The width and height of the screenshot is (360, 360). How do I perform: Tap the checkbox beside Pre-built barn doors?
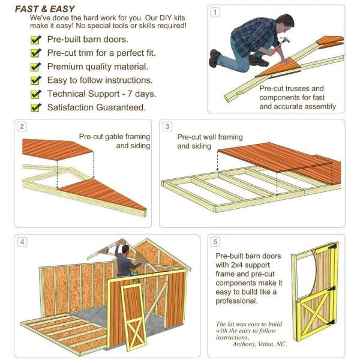pyautogui.click(x=35, y=40)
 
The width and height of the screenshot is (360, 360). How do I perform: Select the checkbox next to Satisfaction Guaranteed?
pyautogui.click(x=35, y=108)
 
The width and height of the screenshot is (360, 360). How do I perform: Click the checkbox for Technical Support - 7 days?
pyautogui.click(x=35, y=94)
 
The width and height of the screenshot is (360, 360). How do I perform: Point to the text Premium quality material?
pyautogui.click(x=97, y=67)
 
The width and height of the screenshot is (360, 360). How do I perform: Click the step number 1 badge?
pyautogui.click(x=215, y=12)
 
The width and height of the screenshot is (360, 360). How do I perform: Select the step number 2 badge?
pyautogui.click(x=22, y=127)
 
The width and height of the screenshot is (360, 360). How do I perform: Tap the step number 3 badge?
pyautogui.click(x=167, y=127)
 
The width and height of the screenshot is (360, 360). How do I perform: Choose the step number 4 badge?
pyautogui.click(x=22, y=242)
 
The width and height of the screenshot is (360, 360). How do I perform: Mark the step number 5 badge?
pyautogui.click(x=216, y=242)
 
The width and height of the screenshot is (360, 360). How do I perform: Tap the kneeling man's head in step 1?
pyautogui.click(x=287, y=22)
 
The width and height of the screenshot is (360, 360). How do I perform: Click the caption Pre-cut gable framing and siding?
pyautogui.click(x=114, y=141)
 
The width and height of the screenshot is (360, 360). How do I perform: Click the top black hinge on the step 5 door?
pyautogui.click(x=331, y=251)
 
